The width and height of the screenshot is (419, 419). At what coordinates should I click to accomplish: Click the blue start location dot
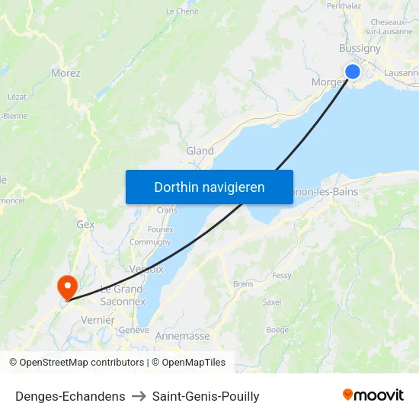353,72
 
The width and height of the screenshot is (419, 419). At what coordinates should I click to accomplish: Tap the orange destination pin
68,286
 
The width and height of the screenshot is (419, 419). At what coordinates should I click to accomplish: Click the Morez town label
66,73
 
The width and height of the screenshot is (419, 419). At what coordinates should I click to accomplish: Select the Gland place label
200,151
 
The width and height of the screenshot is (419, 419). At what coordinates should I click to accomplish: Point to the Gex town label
85,225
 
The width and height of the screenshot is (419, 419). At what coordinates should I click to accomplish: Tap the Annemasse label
182,335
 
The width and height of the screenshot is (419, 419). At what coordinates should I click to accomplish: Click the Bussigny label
360,48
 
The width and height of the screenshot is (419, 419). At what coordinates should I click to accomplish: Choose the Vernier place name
98,321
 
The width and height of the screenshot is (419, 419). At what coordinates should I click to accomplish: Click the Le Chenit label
182,11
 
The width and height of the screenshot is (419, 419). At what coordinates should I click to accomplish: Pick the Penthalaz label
344,5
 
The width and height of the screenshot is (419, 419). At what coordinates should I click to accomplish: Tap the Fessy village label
281,275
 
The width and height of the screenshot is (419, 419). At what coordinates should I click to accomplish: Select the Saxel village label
271,302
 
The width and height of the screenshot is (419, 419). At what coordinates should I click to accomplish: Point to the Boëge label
278,330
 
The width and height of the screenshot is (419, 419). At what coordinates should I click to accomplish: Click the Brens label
243,284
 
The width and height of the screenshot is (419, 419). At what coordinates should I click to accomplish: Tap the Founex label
160,229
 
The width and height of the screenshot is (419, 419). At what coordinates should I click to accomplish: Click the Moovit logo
373,395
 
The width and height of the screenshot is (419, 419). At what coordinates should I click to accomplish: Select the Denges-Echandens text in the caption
70,396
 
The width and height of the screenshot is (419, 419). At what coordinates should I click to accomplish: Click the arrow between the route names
139,396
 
